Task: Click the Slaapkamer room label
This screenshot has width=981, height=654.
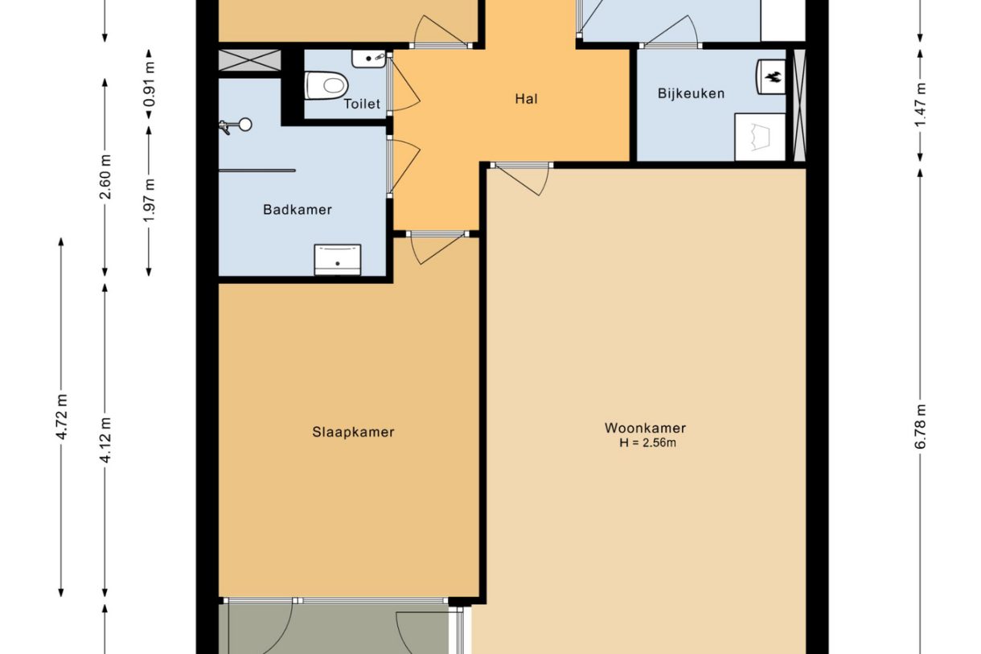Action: tap(353, 432)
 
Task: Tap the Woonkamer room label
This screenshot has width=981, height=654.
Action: tap(645, 428)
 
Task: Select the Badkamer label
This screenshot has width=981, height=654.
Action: tap(298, 210)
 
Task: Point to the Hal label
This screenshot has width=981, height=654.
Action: tap(526, 100)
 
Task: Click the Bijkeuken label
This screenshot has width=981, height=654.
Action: tap(691, 93)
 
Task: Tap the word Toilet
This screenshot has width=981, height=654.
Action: tap(362, 104)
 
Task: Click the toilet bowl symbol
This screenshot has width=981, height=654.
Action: tap(326, 83)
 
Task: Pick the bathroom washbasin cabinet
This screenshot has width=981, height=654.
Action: tap(337, 259)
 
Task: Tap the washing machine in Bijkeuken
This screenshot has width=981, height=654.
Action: tap(759, 137)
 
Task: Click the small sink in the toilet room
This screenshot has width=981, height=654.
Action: tap(371, 59)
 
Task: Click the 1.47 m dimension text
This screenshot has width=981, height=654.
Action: tap(921, 103)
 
